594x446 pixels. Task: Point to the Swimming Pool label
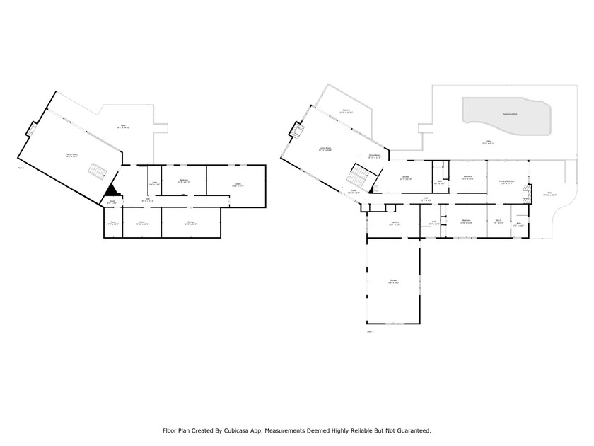click(x=510, y=114)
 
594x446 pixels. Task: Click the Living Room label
click(x=325, y=149)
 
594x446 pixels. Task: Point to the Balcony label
click(x=346, y=110)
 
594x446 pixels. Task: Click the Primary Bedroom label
click(x=506, y=181)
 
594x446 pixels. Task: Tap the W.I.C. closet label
click(x=499, y=222)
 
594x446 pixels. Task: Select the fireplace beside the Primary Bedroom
click(x=525, y=191)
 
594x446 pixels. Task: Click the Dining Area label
click(x=374, y=156)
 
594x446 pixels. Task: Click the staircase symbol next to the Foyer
click(x=361, y=172)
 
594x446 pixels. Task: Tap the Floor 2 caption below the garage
click(x=370, y=331)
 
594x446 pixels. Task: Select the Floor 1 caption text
click(x=21, y=168)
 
